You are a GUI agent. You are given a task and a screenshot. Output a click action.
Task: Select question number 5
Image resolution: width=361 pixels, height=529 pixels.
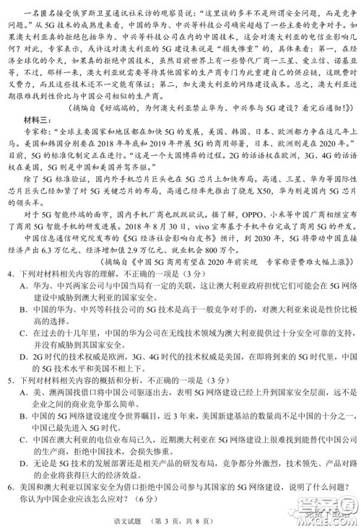coord(11,402)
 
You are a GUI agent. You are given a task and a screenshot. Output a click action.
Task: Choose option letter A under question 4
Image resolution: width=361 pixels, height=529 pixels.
coord(24,304)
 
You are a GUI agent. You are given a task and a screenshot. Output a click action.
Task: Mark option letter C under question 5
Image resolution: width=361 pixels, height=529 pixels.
coord(24,457)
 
